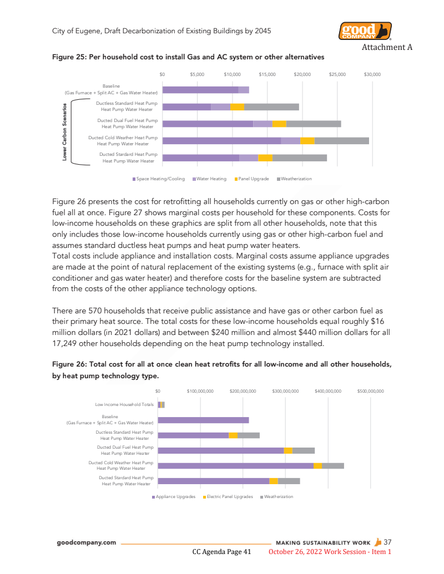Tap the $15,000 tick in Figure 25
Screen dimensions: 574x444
point(267,74)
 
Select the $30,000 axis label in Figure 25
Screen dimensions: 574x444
point(372,74)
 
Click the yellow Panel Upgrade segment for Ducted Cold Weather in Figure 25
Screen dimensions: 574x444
point(307,141)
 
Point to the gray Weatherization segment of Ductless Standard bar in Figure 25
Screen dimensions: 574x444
point(271,107)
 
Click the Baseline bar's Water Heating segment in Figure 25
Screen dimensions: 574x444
point(244,90)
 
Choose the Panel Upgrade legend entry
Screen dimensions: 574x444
point(254,179)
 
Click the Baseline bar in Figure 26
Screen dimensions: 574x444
point(203,420)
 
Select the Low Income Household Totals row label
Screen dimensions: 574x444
point(125,404)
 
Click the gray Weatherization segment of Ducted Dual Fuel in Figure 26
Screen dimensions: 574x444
point(304,450)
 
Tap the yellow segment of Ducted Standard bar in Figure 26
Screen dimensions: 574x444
point(274,481)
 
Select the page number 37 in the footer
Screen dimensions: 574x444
point(387,542)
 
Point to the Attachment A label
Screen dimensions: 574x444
point(387,47)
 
